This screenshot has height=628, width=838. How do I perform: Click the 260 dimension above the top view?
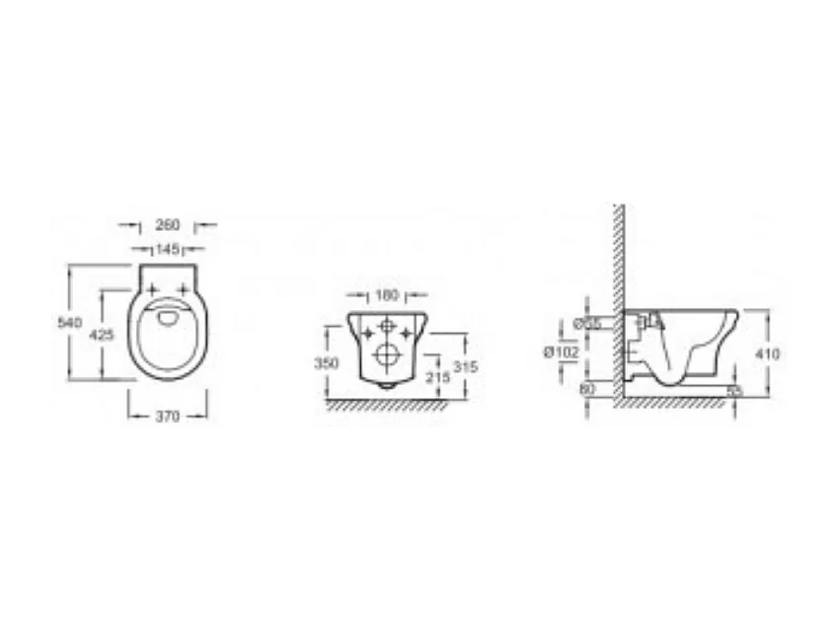point(167,225)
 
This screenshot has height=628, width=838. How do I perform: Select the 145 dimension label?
point(167,249)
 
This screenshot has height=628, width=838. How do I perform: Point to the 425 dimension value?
point(103,335)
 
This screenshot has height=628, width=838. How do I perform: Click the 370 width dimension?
point(168,417)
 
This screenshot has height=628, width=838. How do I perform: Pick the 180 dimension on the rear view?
point(386,294)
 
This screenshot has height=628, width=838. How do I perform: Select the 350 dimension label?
point(326,362)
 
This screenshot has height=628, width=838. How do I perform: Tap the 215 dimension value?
point(435,376)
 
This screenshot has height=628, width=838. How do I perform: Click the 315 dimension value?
point(464,366)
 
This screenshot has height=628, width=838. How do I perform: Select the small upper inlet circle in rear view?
point(387,326)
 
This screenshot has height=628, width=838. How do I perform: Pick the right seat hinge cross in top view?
point(183,287)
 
